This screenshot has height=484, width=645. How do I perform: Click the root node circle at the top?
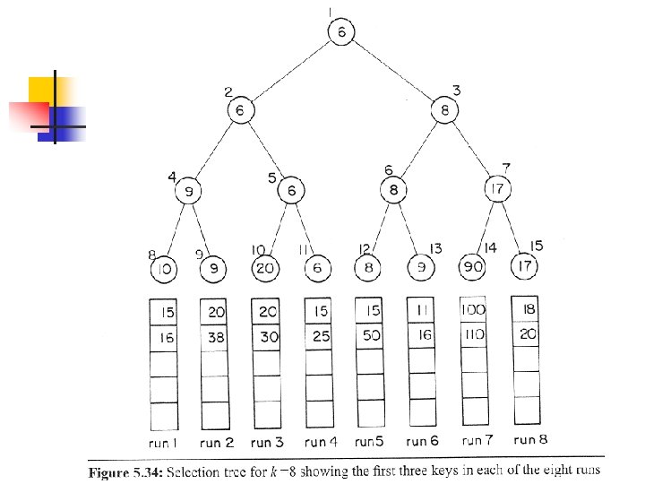341,32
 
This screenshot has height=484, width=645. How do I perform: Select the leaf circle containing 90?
472,267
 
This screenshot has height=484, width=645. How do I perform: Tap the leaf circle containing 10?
164,269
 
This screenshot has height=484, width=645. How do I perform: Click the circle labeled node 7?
498,189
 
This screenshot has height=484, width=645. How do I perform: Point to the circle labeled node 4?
189,191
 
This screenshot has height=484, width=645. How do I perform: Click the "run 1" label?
163,443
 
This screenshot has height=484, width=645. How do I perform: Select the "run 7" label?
474,440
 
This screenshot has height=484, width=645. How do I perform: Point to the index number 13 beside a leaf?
436,248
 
